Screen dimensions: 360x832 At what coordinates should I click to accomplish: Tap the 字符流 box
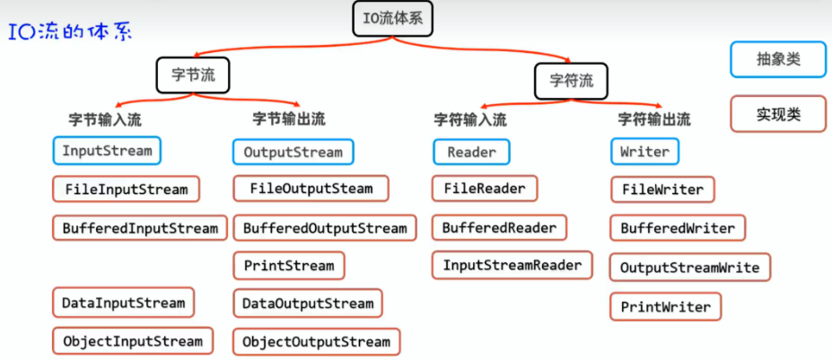click(x=571, y=80)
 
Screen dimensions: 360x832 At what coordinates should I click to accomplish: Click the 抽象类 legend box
click(x=777, y=61)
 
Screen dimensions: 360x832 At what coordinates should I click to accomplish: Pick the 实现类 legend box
click(x=777, y=114)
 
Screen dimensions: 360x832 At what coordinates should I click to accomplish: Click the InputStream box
click(x=107, y=151)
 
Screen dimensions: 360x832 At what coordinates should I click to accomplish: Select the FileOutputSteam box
click(x=311, y=189)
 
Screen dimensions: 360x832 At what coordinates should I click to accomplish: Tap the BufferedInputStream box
click(x=140, y=228)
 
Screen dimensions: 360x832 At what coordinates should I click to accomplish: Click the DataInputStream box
click(x=123, y=303)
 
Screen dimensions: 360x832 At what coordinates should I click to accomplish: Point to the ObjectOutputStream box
click(x=316, y=342)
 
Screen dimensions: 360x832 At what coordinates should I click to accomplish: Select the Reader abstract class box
click(x=471, y=152)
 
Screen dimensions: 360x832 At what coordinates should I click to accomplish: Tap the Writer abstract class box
click(x=644, y=152)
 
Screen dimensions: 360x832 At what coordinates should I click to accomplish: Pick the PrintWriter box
click(x=665, y=307)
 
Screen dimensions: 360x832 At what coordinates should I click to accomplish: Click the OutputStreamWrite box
click(x=689, y=268)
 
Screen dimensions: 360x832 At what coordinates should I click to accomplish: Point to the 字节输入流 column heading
click(x=105, y=119)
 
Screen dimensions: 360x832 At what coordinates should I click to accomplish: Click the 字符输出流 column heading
click(x=654, y=119)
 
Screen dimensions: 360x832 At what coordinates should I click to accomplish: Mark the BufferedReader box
click(x=499, y=228)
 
